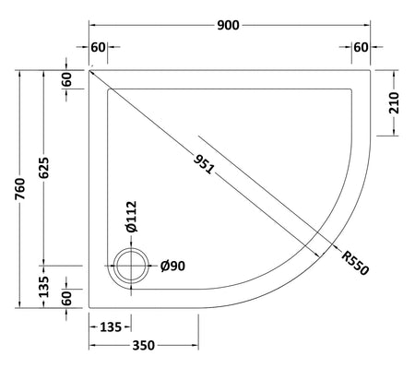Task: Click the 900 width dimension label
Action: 228,25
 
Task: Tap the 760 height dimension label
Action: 20,189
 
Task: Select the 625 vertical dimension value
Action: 44,168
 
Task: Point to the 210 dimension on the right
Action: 394,103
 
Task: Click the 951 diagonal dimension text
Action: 204,164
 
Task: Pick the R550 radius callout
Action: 355,263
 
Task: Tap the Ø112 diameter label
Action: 131,217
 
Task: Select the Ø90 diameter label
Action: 172,266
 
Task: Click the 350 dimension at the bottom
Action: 144,346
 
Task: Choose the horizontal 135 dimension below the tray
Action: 111,327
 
